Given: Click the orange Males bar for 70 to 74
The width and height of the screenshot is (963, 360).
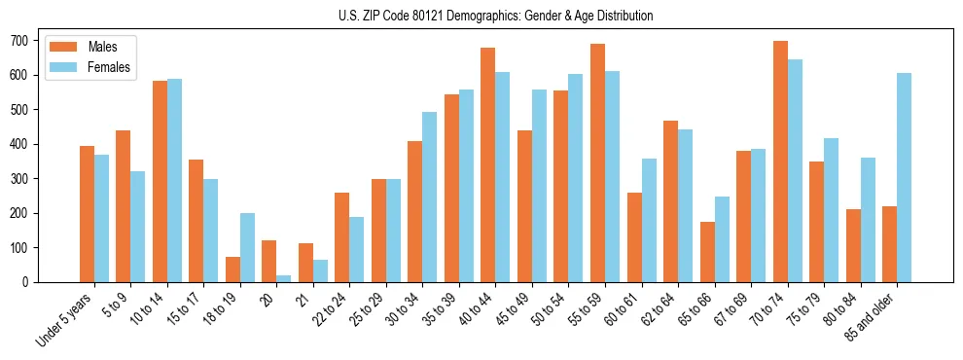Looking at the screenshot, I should click(780, 162).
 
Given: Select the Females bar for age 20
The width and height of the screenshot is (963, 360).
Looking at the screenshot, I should click(284, 278).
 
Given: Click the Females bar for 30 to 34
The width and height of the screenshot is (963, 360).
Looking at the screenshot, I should click(429, 198).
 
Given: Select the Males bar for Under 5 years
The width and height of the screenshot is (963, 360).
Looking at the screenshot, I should click(87, 214).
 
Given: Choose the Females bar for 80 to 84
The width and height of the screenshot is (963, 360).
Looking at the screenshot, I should click(868, 220).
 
